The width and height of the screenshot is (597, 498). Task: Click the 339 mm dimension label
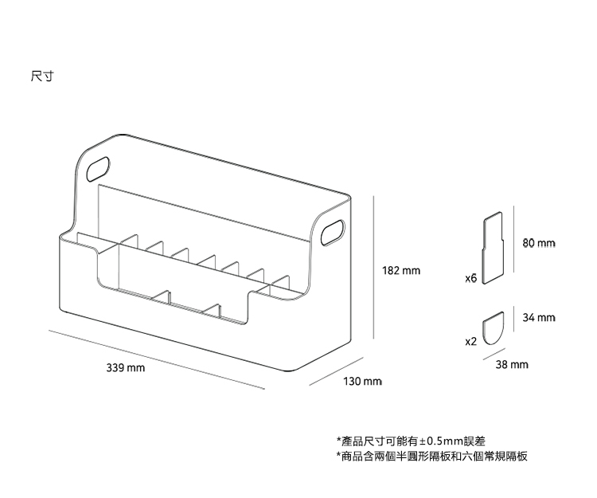[126, 368]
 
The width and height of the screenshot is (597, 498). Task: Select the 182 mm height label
[400, 272]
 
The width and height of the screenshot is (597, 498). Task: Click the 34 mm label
[538, 318]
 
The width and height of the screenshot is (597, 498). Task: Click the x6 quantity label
[470, 279]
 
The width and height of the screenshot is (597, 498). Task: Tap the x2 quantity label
[470, 340]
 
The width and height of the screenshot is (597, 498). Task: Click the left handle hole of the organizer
[99, 167]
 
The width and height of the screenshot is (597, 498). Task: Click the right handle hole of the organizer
[333, 233]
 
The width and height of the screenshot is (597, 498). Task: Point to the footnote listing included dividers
[431, 457]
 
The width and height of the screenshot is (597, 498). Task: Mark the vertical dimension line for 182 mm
[373, 271]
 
